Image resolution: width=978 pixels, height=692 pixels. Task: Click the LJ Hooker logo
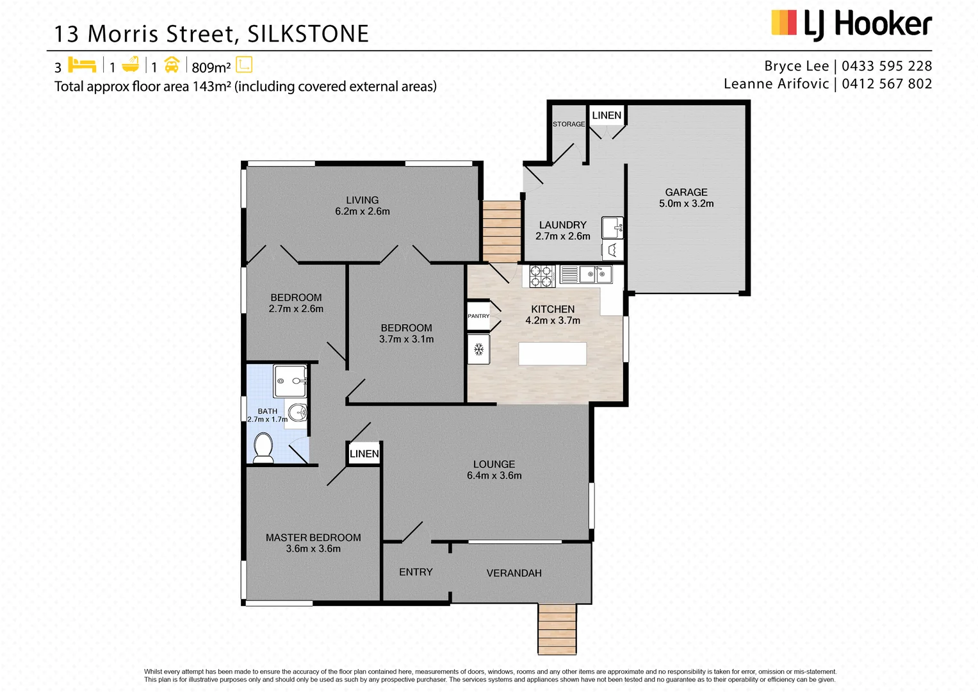tap(851, 25)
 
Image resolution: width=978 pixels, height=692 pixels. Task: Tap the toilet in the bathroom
tap(263, 447)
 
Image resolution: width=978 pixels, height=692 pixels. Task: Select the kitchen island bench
tap(552, 354)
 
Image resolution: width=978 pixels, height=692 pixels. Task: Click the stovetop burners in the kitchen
tap(542, 276)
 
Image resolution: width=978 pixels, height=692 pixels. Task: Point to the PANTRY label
tap(478, 316)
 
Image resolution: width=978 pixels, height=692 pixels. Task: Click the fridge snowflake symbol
tap(478, 349)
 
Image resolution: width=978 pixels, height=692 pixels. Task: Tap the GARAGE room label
tap(686, 192)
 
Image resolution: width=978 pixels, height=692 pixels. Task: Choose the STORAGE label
tap(569, 124)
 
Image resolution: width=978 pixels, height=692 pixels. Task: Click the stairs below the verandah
tap(557, 629)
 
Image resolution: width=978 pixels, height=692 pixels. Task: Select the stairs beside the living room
tap(501, 231)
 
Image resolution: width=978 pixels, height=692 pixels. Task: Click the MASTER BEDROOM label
tap(313, 538)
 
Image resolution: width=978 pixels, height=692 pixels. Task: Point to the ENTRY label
tap(416, 572)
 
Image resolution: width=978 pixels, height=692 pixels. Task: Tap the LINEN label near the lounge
tap(364, 454)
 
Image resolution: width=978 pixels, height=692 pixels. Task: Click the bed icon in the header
tap(82, 65)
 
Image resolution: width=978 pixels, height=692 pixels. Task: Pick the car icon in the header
tap(172, 65)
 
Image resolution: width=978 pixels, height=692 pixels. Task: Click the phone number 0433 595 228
tap(886, 66)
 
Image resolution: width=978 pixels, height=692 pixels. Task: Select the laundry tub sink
tap(612, 227)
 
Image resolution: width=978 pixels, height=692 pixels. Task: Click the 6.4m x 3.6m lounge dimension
tap(494, 475)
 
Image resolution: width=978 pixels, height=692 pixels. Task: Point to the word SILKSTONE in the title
tap(308, 34)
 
